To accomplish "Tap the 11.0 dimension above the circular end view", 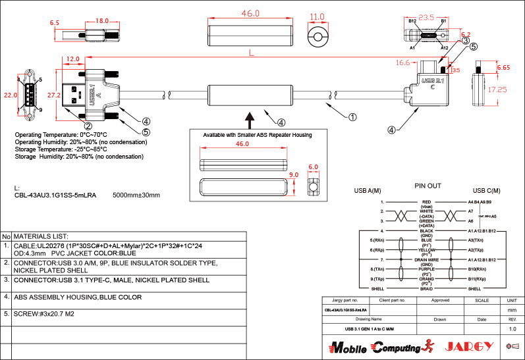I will coord(318,17).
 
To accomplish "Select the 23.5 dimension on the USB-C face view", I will coord(427,18).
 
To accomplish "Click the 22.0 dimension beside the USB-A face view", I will coord(10,95).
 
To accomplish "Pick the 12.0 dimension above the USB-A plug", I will coord(73,59).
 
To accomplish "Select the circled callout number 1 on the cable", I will coord(352,117).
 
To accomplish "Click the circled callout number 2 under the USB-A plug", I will coord(88,125).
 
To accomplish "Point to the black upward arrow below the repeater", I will coord(250,120).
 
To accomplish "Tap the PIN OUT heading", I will coord(428,186).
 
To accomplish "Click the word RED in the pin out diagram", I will coord(426,202).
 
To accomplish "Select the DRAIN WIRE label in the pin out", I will coord(426,260).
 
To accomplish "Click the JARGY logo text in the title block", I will coord(470,347).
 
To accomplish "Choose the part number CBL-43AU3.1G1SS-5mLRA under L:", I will coord(55,195).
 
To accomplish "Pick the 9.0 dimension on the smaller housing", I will coord(294,175).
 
